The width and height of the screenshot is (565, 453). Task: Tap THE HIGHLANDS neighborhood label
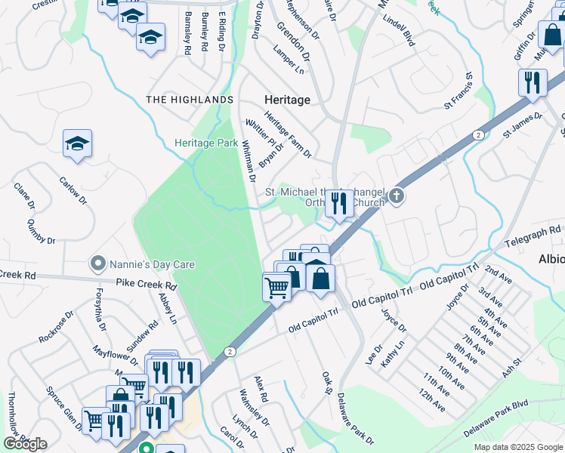tap(189, 100)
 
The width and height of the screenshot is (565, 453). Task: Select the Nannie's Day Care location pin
tap(97, 264)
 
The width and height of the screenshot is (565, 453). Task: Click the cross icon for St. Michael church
tap(397, 198)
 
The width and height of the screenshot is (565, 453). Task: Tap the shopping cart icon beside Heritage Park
tap(276, 287)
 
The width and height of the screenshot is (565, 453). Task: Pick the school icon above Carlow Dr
tap(77, 143)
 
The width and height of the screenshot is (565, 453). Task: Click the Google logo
tap(25, 444)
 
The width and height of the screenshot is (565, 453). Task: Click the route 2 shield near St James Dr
tap(478, 134)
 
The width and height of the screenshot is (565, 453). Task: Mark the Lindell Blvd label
tap(400, 32)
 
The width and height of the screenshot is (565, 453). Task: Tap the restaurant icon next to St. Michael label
tap(338, 202)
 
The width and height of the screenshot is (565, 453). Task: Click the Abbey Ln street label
tap(168, 308)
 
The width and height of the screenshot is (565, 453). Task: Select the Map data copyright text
tap(518, 447)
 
